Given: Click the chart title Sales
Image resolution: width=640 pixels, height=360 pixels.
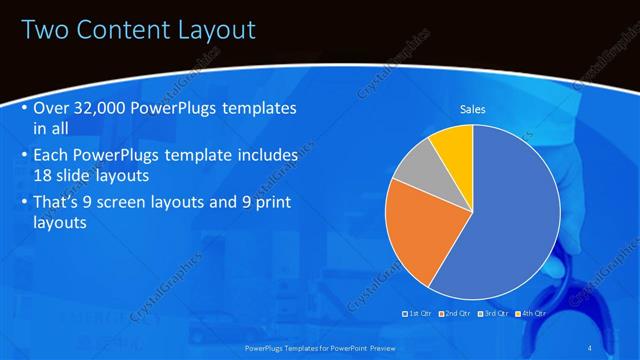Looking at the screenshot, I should coord(472,109).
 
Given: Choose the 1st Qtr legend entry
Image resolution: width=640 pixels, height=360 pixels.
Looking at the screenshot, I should coord(415,314).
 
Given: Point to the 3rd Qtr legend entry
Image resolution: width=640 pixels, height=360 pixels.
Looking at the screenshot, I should coord(495,314).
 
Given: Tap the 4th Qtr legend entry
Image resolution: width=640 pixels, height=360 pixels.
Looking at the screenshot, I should coord(531,314).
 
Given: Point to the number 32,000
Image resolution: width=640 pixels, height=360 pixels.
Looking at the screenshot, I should coord(106,107).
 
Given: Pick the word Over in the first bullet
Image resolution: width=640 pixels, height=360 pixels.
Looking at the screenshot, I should coord(51,107).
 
